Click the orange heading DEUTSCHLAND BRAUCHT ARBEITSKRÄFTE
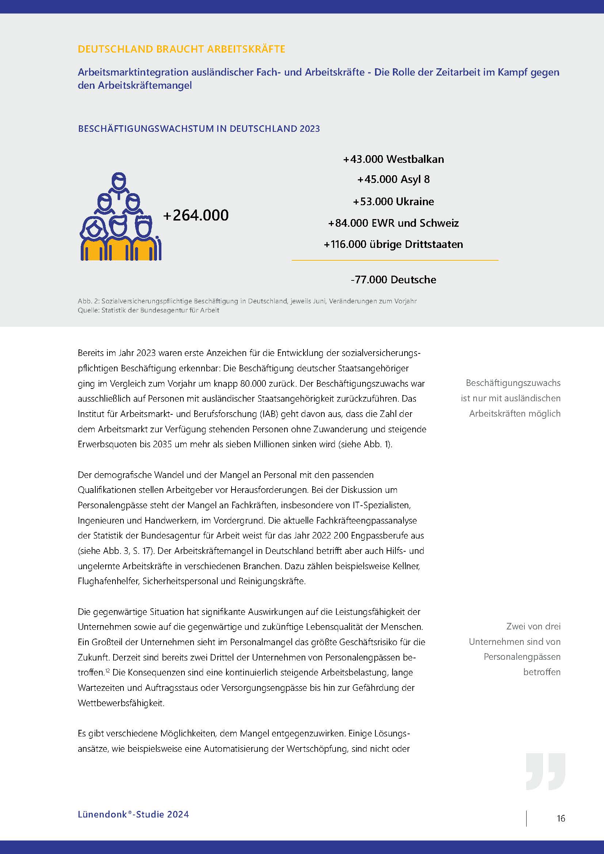[x=181, y=49]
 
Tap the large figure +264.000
[x=196, y=215]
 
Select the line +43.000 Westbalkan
[x=394, y=159]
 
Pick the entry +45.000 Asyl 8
[x=394, y=179]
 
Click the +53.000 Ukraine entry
[x=394, y=202]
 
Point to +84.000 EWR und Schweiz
[x=394, y=223]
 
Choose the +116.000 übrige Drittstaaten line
[x=394, y=244]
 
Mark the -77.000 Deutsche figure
[x=394, y=280]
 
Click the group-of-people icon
[x=121, y=217]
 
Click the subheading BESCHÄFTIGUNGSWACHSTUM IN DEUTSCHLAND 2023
[x=199, y=129]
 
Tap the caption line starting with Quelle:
[x=148, y=310]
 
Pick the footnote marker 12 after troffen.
[x=107, y=671]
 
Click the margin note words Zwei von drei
[x=533, y=627]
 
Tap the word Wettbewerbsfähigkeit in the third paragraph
[x=121, y=703]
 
